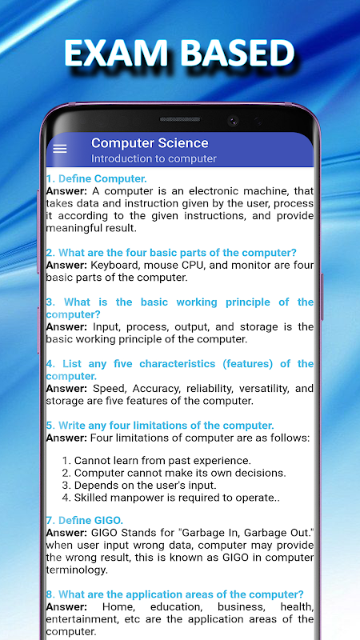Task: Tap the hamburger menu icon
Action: click(x=59, y=149)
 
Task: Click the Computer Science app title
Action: click(x=150, y=143)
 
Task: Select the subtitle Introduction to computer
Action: click(x=154, y=158)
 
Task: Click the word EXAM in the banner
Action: click(x=115, y=53)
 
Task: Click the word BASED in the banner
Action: click(x=238, y=53)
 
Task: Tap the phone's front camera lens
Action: click(x=233, y=121)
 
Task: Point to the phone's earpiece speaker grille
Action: click(x=180, y=119)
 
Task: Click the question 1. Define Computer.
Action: click(x=96, y=178)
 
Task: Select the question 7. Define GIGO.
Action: click(x=85, y=520)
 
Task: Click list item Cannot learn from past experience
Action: click(x=156, y=461)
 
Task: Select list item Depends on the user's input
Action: click(x=139, y=486)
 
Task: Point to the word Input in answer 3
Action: click(x=106, y=327)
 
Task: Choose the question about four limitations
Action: click(x=160, y=426)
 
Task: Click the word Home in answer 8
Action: click(x=115, y=606)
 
